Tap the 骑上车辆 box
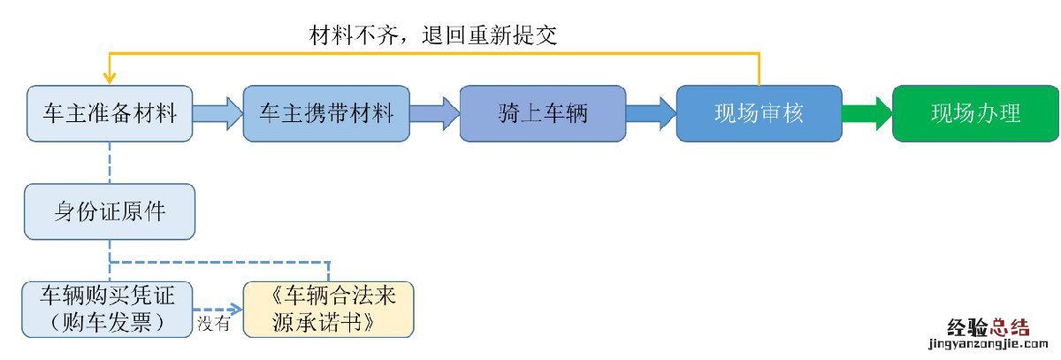pos(543,113)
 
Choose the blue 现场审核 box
pos(759,113)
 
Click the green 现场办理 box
pos(975,113)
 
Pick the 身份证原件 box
pos(110,212)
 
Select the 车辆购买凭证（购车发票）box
pos(108,308)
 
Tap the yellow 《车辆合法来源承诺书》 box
pos(328,308)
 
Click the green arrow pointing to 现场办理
pos(866,113)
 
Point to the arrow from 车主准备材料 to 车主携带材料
pos(218,113)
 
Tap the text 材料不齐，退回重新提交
pos(432,34)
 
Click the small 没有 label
pos(213,324)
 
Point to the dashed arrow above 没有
pos(218,309)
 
